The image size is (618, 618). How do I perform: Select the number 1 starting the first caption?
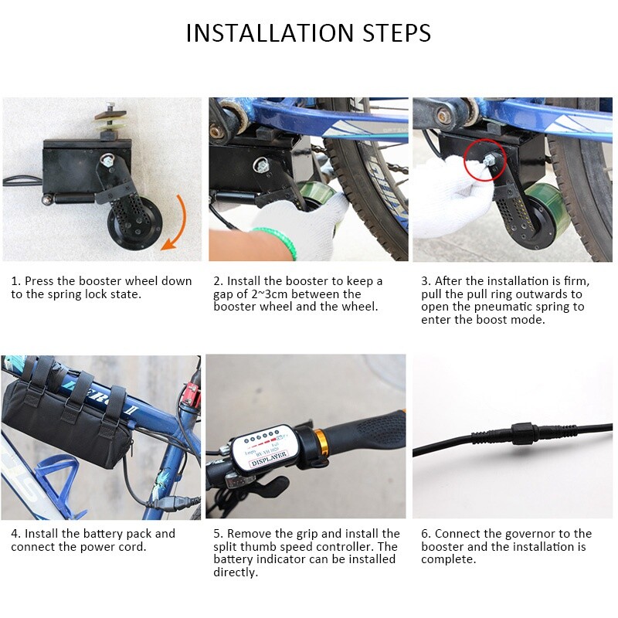[x=15, y=281]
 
